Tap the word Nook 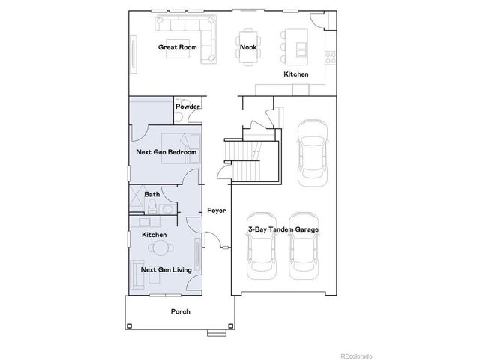point(248,47)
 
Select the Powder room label point(187,106)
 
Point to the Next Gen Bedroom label point(166,152)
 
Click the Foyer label point(216,211)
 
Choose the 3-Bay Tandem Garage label point(283,229)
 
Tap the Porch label point(180,310)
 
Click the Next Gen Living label point(165,268)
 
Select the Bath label point(151,195)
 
